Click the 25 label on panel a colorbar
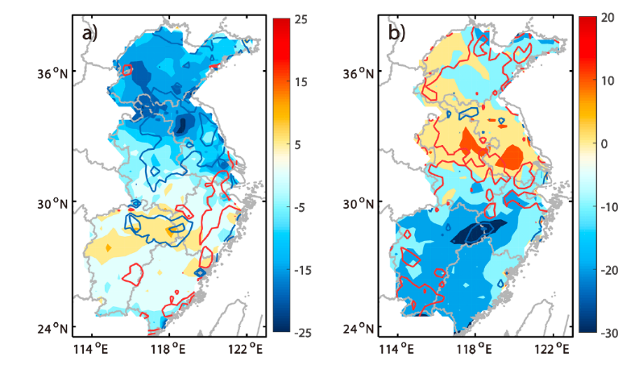point(299,17)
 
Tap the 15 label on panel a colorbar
point(299,81)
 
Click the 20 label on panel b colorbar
point(606,17)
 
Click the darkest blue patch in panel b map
point(475,233)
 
